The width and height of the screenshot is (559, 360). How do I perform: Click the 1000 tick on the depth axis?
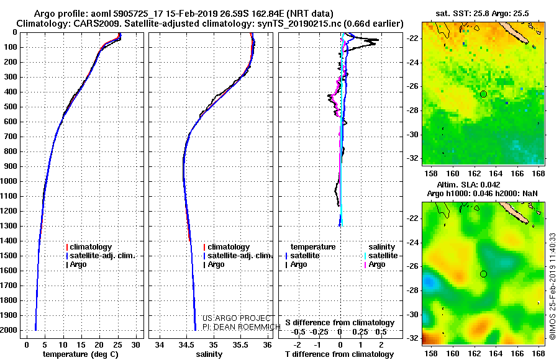(x=9, y=181)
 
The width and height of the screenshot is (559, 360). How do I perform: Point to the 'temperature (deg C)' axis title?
(x=81, y=354)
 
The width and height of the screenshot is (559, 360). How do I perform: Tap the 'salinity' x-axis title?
(x=209, y=354)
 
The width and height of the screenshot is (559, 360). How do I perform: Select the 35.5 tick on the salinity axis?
(x=240, y=344)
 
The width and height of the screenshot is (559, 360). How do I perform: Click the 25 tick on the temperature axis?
(x=117, y=344)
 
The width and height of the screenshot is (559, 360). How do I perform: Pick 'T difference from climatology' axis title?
(x=339, y=354)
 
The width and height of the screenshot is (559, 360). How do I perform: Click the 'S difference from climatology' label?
(x=340, y=323)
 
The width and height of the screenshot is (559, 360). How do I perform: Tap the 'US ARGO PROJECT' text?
(x=237, y=318)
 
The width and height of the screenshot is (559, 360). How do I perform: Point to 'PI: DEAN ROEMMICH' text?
(x=242, y=327)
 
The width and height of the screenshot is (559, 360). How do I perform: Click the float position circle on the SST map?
(x=483, y=94)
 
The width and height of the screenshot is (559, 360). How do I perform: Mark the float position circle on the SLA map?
(x=483, y=274)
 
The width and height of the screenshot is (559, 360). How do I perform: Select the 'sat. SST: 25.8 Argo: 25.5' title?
(x=483, y=14)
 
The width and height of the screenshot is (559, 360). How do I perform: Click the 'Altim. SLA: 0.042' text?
(x=468, y=184)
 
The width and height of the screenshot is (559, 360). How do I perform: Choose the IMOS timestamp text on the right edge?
(x=553, y=291)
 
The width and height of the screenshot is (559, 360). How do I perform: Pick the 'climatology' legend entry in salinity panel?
(x=226, y=247)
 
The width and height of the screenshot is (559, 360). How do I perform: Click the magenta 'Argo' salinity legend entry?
(x=375, y=264)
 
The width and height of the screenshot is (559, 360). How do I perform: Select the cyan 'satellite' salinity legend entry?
(x=381, y=256)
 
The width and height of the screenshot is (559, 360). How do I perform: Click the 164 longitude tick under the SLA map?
(x=496, y=354)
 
